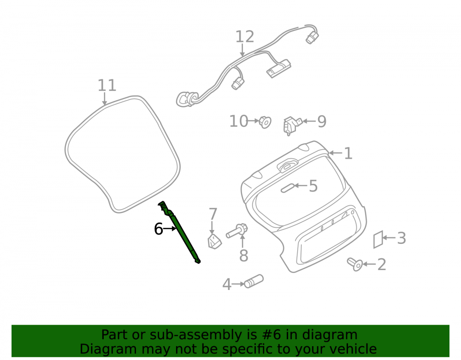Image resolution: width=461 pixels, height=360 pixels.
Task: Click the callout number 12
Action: pyautogui.click(x=245, y=37)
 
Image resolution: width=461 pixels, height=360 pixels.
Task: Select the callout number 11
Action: pyautogui.click(x=107, y=86)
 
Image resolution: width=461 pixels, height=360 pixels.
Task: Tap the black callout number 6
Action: pyautogui.click(x=159, y=229)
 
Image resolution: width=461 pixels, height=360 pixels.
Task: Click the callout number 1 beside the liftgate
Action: pyautogui.click(x=348, y=153)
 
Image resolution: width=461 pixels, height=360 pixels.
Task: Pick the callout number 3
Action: pyautogui.click(x=402, y=238)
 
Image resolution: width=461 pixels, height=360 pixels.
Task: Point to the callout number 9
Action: pyautogui.click(x=322, y=121)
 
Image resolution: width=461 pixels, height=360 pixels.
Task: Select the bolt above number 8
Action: pyautogui.click(x=237, y=230)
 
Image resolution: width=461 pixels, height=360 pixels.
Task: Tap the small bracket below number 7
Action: pyautogui.click(x=215, y=242)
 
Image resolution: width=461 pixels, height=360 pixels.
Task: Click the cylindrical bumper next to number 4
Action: pyautogui.click(x=254, y=281)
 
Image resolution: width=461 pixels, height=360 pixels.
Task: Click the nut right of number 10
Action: pyautogui.click(x=265, y=122)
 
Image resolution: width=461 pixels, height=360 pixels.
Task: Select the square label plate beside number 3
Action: pyautogui.click(x=378, y=240)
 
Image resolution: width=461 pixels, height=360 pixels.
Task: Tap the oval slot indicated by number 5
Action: pyautogui.click(x=288, y=188)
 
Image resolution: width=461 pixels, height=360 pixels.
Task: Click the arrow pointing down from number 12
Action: pyautogui.click(x=242, y=50)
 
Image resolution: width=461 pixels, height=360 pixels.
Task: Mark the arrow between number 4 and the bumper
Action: pyautogui.click(x=238, y=284)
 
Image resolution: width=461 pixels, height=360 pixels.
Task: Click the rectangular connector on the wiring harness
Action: pyautogui.click(x=278, y=69)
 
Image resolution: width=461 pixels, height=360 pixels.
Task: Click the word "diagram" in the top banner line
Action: pyautogui.click(x=330, y=335)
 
